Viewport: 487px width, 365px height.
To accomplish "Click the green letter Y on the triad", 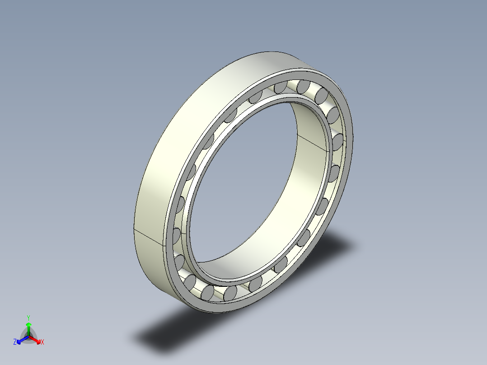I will click(28, 317).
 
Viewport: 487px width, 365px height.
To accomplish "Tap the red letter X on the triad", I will click(42, 342).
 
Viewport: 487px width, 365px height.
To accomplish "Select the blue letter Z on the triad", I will click(15, 342).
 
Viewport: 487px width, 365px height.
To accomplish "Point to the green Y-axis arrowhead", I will click(28, 324).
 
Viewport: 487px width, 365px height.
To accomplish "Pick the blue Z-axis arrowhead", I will click(19, 341).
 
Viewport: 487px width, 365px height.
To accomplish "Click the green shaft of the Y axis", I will click(28, 331).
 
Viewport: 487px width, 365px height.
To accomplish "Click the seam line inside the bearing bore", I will click(313, 142).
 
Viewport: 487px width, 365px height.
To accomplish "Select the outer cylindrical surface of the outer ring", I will click(181, 136).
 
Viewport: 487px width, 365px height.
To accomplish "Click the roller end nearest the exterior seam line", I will click(176, 235).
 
